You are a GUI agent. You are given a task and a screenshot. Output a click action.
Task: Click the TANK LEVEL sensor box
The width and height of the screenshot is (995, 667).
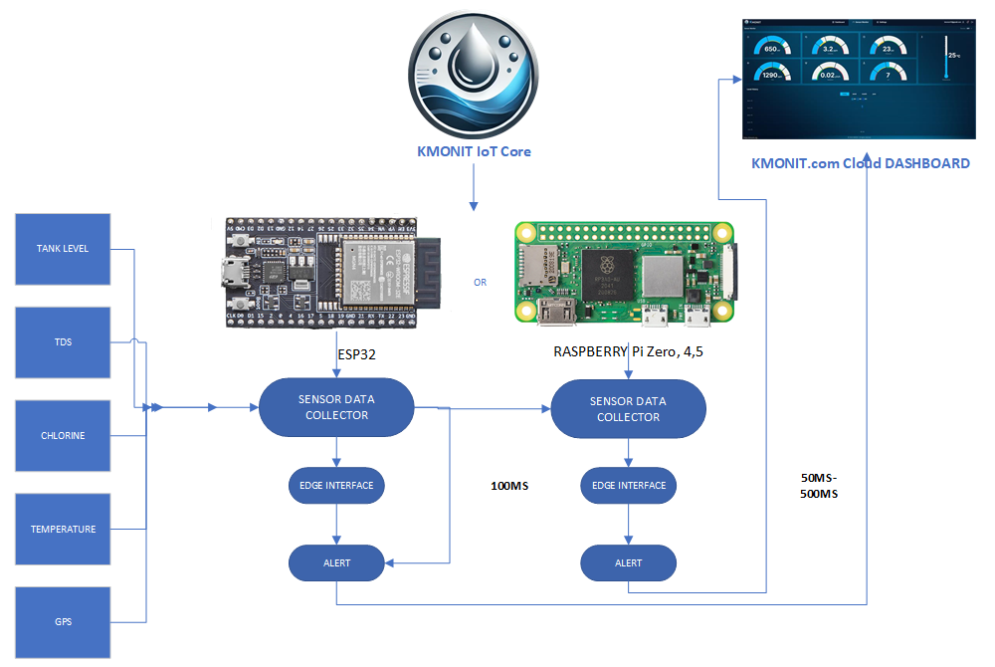click(63, 248)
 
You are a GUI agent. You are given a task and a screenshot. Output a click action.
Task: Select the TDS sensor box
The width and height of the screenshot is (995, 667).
click(63, 342)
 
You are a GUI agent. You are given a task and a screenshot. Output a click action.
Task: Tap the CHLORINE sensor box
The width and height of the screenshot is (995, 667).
click(63, 436)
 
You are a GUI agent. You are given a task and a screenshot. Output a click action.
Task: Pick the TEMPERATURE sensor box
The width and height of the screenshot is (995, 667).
click(63, 529)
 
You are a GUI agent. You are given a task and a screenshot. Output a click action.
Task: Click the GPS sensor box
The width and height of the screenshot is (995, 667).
click(63, 622)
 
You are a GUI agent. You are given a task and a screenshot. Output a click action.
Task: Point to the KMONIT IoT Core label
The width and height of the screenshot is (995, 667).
click(474, 152)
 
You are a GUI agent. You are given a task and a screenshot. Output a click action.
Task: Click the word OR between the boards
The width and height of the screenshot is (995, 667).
click(481, 283)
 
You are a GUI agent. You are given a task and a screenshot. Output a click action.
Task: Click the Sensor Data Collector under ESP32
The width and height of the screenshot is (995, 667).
click(336, 408)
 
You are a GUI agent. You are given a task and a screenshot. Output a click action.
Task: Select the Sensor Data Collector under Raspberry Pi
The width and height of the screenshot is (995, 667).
click(628, 409)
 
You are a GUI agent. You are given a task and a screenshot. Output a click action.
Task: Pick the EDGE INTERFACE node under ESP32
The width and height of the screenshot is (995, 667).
click(336, 486)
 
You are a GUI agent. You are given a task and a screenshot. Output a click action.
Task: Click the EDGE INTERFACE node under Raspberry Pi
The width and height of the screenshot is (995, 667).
click(628, 486)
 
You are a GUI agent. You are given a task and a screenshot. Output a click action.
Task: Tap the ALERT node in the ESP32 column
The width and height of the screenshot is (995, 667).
click(336, 563)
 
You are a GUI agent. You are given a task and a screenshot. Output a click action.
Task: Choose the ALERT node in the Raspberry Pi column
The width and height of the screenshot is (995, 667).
click(628, 563)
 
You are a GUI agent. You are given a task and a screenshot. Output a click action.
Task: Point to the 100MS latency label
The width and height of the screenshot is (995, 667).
click(509, 487)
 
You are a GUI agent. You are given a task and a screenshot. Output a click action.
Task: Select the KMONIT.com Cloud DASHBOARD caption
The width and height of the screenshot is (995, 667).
click(860, 163)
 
